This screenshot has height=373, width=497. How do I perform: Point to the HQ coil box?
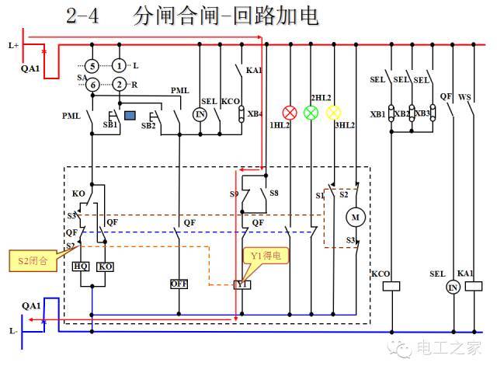point(81,267)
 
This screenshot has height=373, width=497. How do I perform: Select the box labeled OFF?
point(179,284)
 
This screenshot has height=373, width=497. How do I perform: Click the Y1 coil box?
point(242,284)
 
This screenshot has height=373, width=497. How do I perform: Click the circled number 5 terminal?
point(92,66)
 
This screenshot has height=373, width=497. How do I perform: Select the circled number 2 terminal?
point(119,84)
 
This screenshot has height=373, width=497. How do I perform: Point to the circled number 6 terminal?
point(92,84)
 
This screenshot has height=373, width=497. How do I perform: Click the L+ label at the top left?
point(13,46)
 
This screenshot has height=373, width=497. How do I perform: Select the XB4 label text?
point(254,114)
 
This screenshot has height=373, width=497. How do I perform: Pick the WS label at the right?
point(465,97)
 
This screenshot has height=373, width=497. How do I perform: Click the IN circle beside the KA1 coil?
point(453,287)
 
